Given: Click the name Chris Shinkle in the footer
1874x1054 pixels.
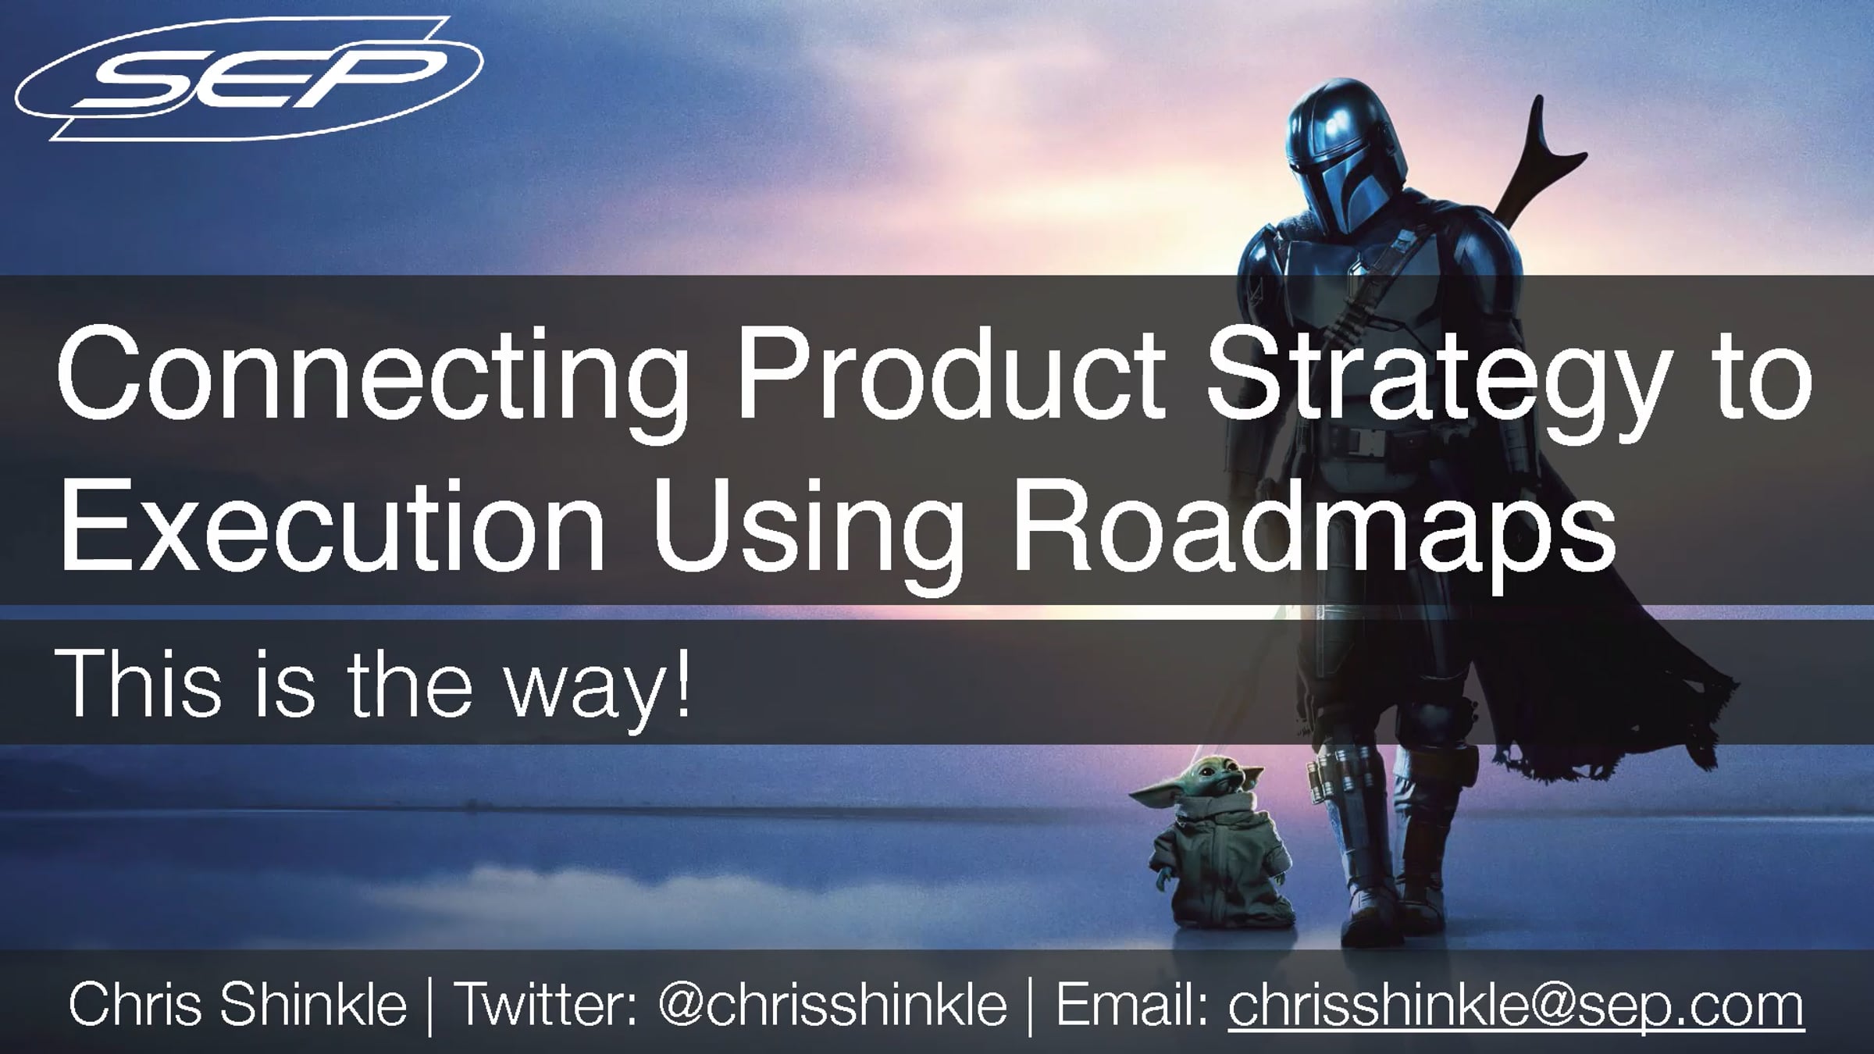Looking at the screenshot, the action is [x=238, y=1005].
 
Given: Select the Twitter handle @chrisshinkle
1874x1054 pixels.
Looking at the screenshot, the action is [x=832, y=1006].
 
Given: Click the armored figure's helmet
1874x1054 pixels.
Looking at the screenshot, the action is [x=1348, y=164].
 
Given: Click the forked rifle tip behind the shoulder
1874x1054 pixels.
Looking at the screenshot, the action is [x=1550, y=148].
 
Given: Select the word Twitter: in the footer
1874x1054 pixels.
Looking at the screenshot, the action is [x=547, y=1005].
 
